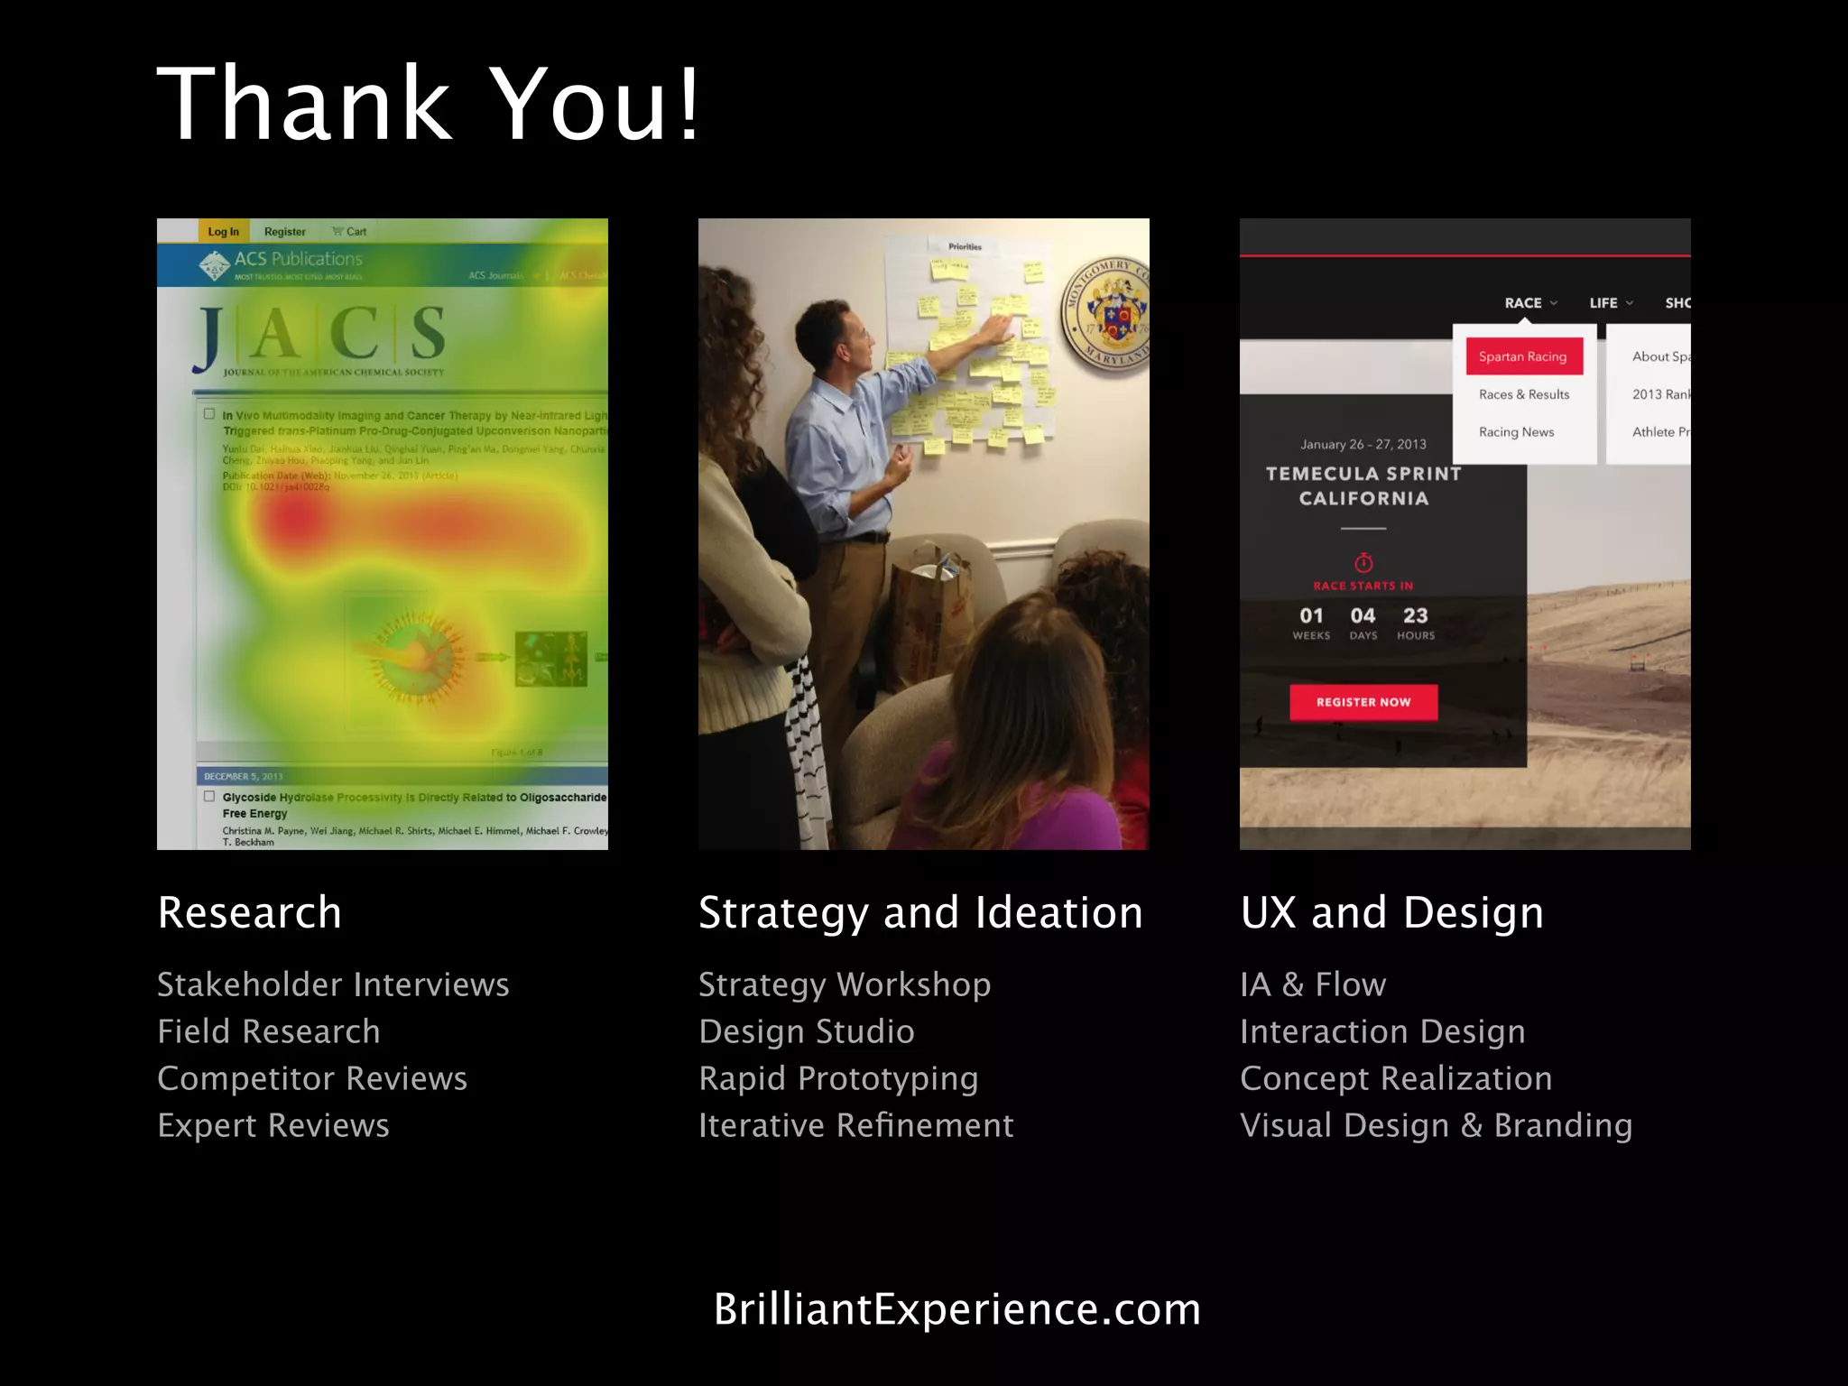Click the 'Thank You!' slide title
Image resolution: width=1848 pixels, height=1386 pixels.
coord(429,104)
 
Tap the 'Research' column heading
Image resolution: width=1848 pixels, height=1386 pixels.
coord(250,912)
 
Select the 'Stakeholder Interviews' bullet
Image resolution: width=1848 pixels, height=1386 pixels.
coord(333,984)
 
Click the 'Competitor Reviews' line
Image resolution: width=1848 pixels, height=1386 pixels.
coord(312,1078)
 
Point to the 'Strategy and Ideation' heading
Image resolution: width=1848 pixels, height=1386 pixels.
coord(920,912)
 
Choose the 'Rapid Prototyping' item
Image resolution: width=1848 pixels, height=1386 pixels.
coord(838,1078)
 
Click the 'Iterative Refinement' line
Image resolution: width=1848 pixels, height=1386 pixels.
coord(855,1125)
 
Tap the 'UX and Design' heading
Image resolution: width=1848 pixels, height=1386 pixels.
coord(1391,912)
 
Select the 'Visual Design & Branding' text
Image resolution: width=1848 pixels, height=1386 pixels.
coord(1436,1125)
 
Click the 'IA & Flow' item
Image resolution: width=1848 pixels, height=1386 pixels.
coord(1313,984)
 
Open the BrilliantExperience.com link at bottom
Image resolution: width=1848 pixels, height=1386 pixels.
coord(957,1309)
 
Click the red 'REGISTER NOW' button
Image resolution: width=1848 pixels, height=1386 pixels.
coord(1363,702)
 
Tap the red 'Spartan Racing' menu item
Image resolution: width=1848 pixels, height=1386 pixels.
coord(1523,356)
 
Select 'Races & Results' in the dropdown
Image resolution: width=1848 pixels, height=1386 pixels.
coord(1524,394)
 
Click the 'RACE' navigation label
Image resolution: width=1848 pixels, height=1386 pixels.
coord(1523,303)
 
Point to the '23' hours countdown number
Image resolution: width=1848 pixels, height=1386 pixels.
coord(1415,616)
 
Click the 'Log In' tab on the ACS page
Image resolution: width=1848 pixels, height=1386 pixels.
coord(223,232)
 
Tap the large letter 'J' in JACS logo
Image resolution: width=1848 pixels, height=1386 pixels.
coord(208,338)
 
